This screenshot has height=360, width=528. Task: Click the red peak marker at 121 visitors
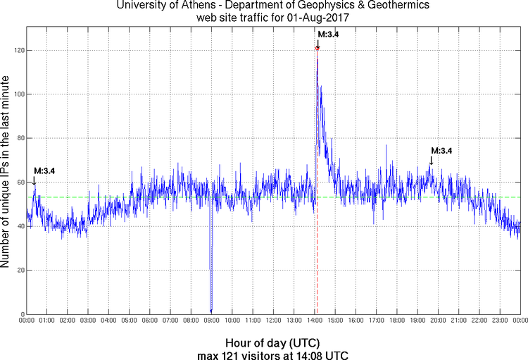318,48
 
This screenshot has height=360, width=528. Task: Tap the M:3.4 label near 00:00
44,170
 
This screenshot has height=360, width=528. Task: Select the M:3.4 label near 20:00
441,151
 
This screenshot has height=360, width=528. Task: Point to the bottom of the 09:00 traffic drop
210,311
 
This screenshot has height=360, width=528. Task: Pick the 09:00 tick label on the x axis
210,321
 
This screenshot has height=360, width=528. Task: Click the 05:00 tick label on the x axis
129,321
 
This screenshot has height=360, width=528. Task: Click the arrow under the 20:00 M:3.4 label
431,162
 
